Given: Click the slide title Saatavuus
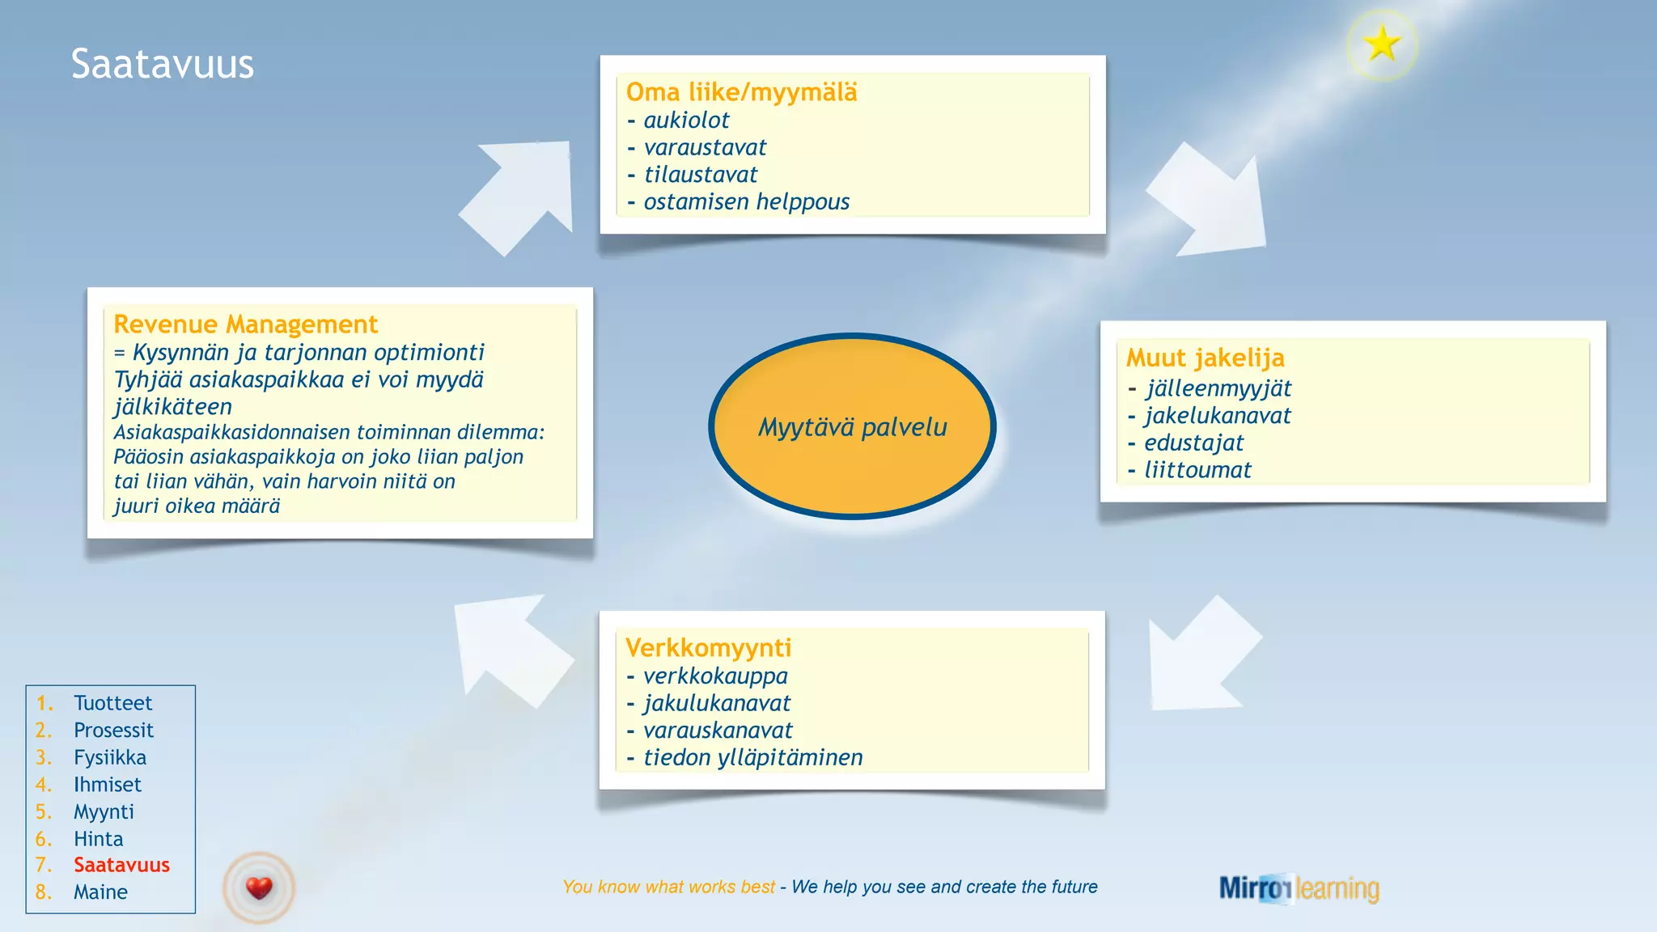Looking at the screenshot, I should (x=162, y=64).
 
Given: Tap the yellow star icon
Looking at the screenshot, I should (x=1382, y=44).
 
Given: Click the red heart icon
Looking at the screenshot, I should (x=259, y=888).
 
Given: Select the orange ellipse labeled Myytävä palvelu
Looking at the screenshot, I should (x=852, y=426).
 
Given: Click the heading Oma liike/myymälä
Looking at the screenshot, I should (x=741, y=92).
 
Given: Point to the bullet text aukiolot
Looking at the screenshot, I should (x=686, y=121).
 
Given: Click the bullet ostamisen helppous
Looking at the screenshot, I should (x=746, y=201).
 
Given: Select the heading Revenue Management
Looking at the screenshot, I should (x=245, y=324).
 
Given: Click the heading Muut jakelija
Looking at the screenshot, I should (x=1205, y=358).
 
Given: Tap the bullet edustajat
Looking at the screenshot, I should (x=1193, y=443).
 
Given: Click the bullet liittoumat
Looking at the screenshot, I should (x=1197, y=470).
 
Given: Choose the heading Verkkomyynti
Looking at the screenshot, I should (x=708, y=648).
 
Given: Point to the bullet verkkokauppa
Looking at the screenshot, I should (x=715, y=676).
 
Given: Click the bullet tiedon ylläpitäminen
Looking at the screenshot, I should (x=752, y=758).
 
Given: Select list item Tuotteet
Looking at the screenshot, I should (x=112, y=703).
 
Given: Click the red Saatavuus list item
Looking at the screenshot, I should (x=121, y=865).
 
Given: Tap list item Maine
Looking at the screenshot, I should (x=100, y=892).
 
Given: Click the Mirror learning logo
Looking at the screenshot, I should (x=1299, y=888).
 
